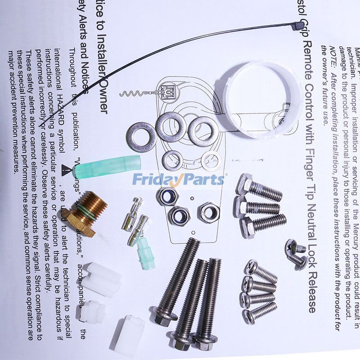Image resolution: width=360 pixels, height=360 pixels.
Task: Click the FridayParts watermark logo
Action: (178, 180)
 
